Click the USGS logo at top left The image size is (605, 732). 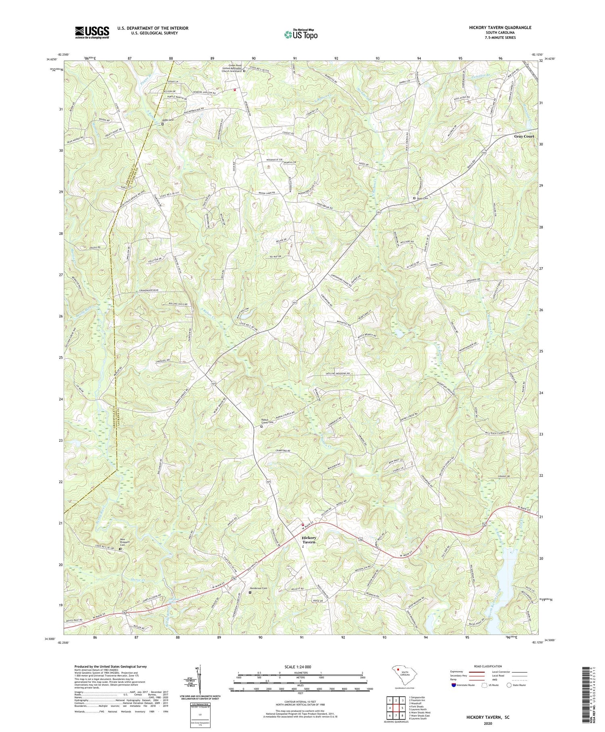tap(92, 32)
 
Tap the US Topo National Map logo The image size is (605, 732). tap(300, 34)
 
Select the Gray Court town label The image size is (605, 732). tap(524, 136)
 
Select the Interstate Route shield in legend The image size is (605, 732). tap(454, 685)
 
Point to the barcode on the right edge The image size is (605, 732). tap(592, 690)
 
